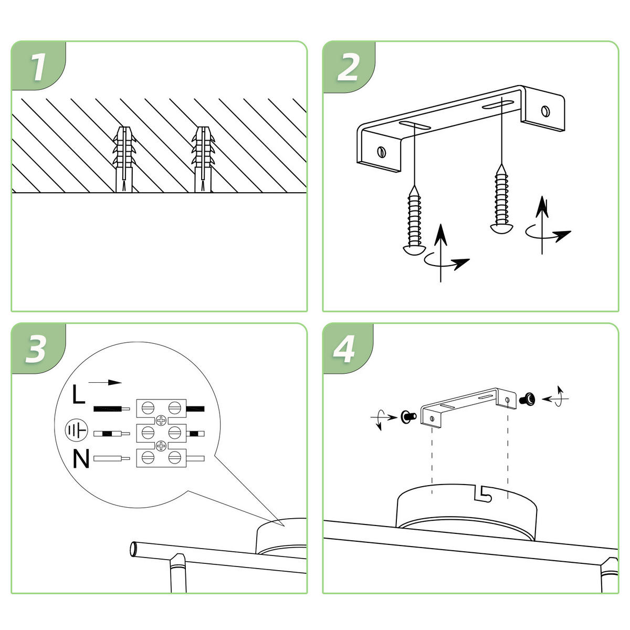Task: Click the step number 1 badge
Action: (x=38, y=67)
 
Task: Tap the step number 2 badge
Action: (x=348, y=67)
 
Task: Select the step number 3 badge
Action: (x=36, y=349)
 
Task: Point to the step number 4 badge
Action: (x=345, y=349)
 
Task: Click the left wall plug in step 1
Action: (x=124, y=159)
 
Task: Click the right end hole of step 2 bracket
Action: (x=546, y=111)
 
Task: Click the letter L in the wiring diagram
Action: (x=78, y=395)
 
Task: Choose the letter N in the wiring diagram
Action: (x=80, y=459)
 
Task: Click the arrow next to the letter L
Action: (x=105, y=383)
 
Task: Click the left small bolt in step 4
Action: (x=407, y=416)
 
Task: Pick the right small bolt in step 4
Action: (x=526, y=400)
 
